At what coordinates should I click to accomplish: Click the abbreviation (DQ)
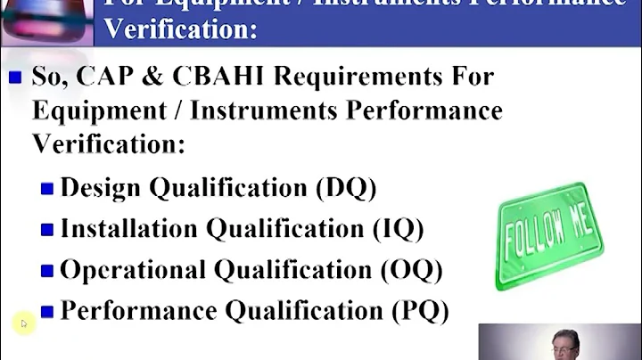point(346,188)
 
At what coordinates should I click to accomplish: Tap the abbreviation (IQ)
point(397,229)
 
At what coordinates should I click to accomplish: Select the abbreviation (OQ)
point(416,269)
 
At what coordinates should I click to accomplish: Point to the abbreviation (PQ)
point(421,310)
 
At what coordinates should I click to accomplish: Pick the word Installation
point(129,229)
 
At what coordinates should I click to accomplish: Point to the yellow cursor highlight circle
point(23,323)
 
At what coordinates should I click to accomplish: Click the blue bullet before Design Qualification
point(47,189)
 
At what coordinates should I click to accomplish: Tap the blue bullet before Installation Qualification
point(47,230)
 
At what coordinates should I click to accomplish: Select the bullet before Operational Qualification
point(47,270)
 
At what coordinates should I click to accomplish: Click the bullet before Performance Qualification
point(47,311)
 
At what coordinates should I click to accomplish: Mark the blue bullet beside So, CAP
point(15,78)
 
